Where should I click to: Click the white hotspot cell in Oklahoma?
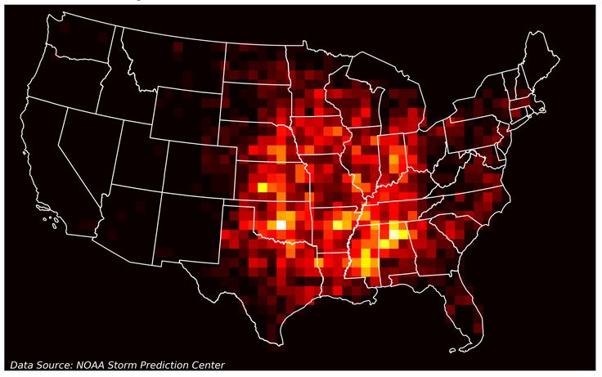(281, 223)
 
